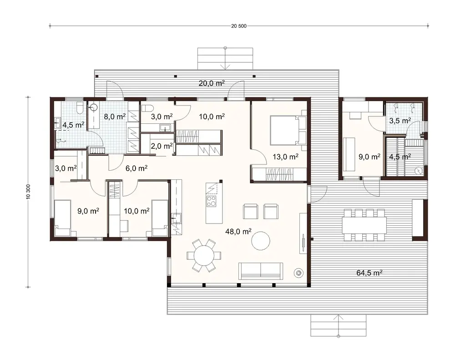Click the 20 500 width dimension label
click(x=238, y=26)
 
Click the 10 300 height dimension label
click(x=28, y=192)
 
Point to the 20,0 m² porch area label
click(x=212, y=83)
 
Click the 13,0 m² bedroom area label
click(x=285, y=157)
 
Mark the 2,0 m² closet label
click(x=161, y=146)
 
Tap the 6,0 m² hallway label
click(x=136, y=168)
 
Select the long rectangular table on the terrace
click(x=364, y=224)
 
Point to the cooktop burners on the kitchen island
click(x=212, y=201)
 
